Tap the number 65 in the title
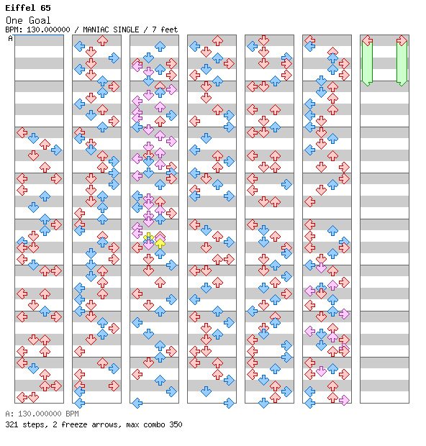point(45,8)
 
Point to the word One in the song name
point(14,20)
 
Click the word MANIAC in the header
point(96,29)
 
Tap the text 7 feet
point(165,29)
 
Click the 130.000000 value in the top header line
point(48,29)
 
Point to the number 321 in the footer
point(12,424)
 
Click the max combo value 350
point(176,424)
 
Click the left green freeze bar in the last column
point(367,63)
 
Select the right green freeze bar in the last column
point(402,63)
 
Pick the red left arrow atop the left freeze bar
point(368,41)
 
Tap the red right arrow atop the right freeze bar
point(402,41)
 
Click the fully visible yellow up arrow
point(160,243)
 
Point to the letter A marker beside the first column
point(11,38)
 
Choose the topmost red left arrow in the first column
point(22,132)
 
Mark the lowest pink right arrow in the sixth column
point(344,400)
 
